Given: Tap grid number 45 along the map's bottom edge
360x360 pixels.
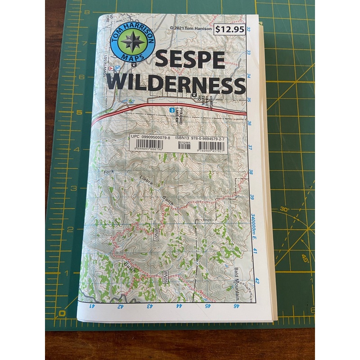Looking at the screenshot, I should [x=208, y=306].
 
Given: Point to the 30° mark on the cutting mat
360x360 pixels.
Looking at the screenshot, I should [x=284, y=209].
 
